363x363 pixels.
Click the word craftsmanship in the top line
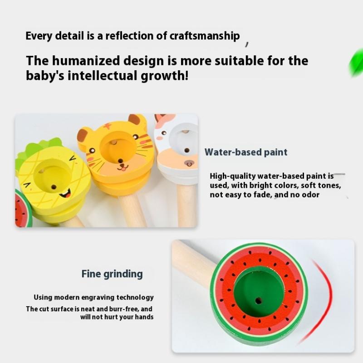pos(205,36)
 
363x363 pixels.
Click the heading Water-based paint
pos(246,152)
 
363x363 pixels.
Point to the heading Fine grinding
pos(112,274)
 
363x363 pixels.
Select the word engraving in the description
pos(98,298)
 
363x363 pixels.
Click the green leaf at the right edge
pos(356,62)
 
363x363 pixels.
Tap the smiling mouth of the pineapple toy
pos(66,194)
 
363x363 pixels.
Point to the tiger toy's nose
pos(121,161)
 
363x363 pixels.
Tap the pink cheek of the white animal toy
pos(160,138)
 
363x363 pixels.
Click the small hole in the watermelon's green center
pos(258,301)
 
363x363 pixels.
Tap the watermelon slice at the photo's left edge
pos(23,208)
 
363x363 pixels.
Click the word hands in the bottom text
pos(144,317)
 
